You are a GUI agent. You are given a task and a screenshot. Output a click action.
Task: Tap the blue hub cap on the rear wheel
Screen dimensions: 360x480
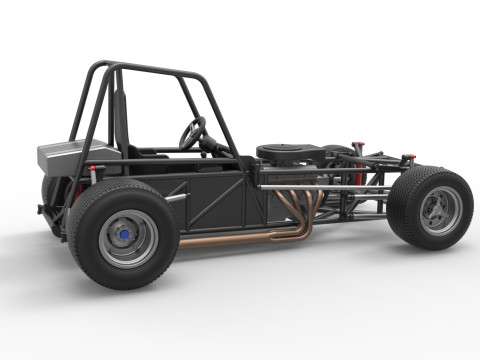point(124,236)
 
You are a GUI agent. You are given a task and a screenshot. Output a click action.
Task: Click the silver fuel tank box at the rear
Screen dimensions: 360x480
point(63,155)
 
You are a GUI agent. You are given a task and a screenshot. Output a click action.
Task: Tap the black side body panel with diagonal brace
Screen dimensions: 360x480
point(215,200)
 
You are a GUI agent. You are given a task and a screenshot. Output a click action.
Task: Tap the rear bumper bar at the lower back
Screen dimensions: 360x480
point(50,213)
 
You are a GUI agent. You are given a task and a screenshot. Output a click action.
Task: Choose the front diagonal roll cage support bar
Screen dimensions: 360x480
point(221,115)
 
